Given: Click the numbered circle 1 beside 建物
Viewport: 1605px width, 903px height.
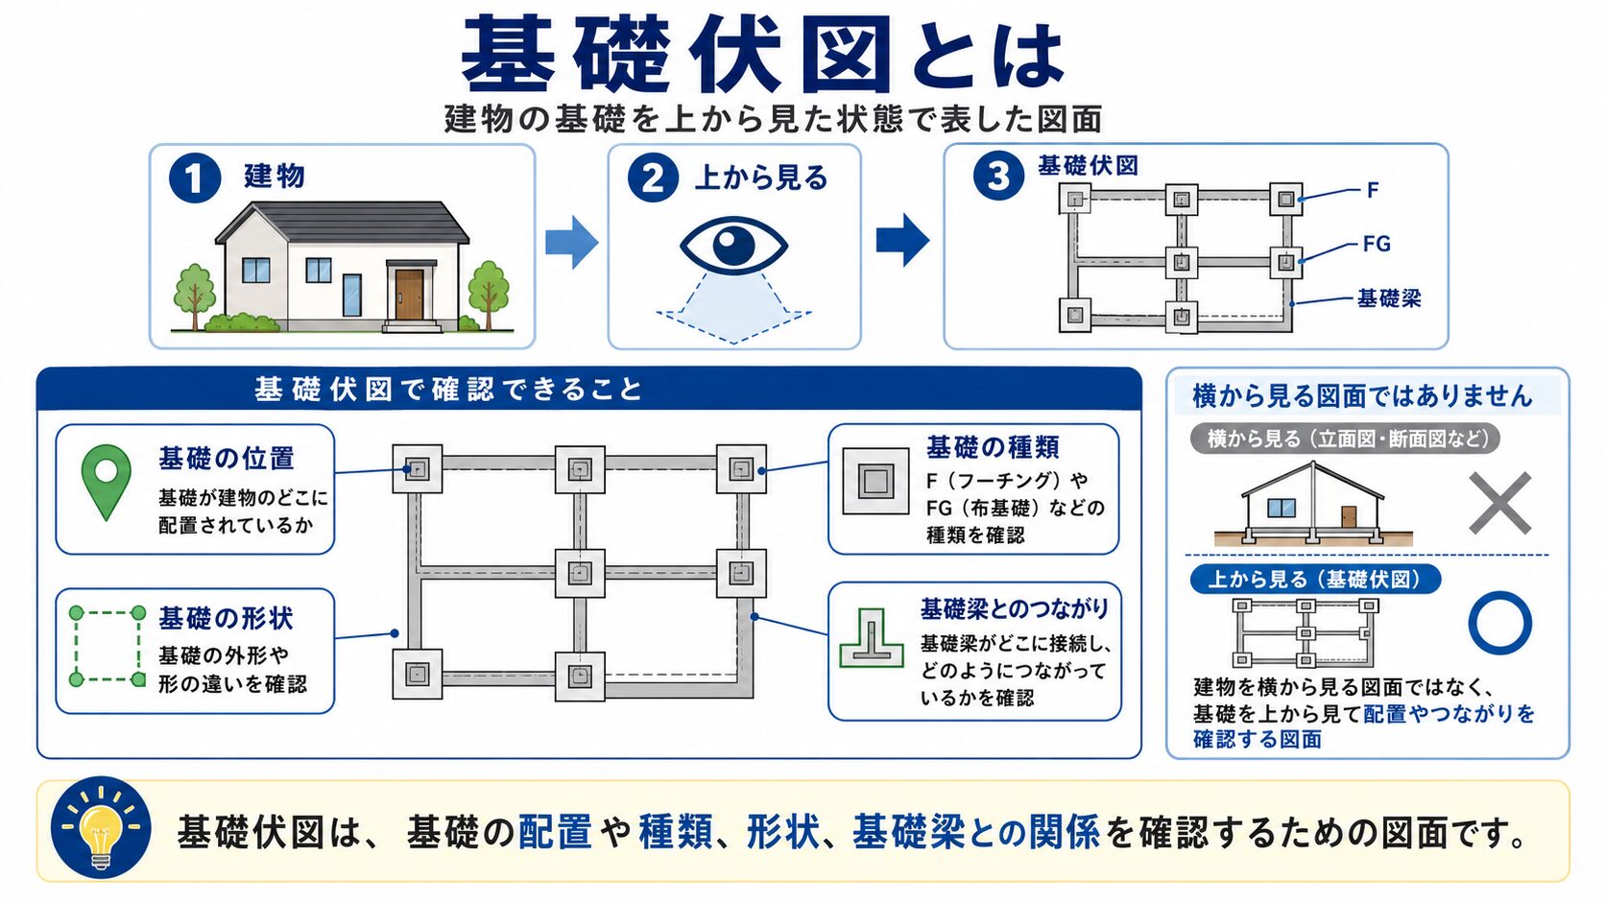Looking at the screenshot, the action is (x=194, y=178).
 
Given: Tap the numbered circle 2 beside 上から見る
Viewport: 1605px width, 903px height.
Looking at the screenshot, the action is (x=653, y=178).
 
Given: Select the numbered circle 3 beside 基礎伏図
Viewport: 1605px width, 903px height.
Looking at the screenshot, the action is (x=998, y=177).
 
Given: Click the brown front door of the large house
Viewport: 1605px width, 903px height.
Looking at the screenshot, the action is (x=409, y=295).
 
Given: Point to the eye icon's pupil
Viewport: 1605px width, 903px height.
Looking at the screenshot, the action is (x=733, y=245).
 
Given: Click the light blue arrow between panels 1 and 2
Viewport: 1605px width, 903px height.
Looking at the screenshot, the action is (x=572, y=242).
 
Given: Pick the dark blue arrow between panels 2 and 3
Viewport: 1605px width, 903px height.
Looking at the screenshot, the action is (x=902, y=240).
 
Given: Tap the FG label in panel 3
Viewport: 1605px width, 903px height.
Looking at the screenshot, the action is (x=1377, y=244).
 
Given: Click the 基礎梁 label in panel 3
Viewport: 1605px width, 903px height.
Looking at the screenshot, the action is (x=1389, y=297).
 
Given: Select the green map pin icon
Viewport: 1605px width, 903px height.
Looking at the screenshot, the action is (x=106, y=481).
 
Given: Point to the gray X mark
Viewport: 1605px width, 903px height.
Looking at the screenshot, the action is (x=1499, y=503).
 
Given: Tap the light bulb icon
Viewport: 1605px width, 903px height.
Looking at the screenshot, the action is (x=101, y=828).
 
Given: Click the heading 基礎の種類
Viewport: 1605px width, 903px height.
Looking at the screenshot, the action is (x=993, y=447).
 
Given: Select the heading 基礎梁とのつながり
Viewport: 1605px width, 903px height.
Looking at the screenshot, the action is (x=1015, y=608).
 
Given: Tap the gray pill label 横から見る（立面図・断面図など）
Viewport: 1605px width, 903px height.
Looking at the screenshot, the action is (x=1345, y=439).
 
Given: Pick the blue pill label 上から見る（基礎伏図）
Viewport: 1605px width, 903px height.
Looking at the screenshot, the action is (x=1315, y=579).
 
